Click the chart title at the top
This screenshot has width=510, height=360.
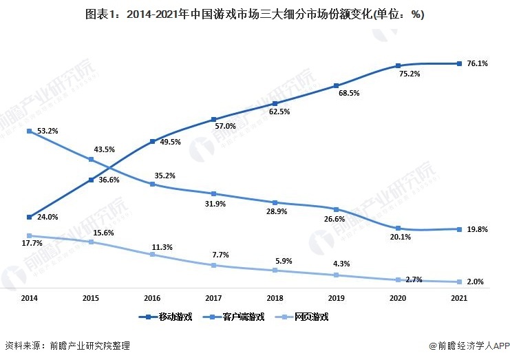point(255,14)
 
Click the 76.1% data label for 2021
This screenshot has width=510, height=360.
point(477,64)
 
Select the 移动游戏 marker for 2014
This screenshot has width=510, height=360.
point(29,217)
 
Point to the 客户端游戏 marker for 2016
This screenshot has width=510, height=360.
point(152,184)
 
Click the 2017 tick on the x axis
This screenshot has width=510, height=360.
point(213,298)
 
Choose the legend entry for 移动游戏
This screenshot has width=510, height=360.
point(165,317)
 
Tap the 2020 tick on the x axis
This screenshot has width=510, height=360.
point(398,298)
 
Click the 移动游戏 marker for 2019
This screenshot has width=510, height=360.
point(337,86)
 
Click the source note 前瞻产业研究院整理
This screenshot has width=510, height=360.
point(67,346)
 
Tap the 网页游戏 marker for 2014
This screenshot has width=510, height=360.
point(29,235)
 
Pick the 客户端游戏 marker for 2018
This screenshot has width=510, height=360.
point(275,202)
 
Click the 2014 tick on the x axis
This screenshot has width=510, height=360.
point(29,298)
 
